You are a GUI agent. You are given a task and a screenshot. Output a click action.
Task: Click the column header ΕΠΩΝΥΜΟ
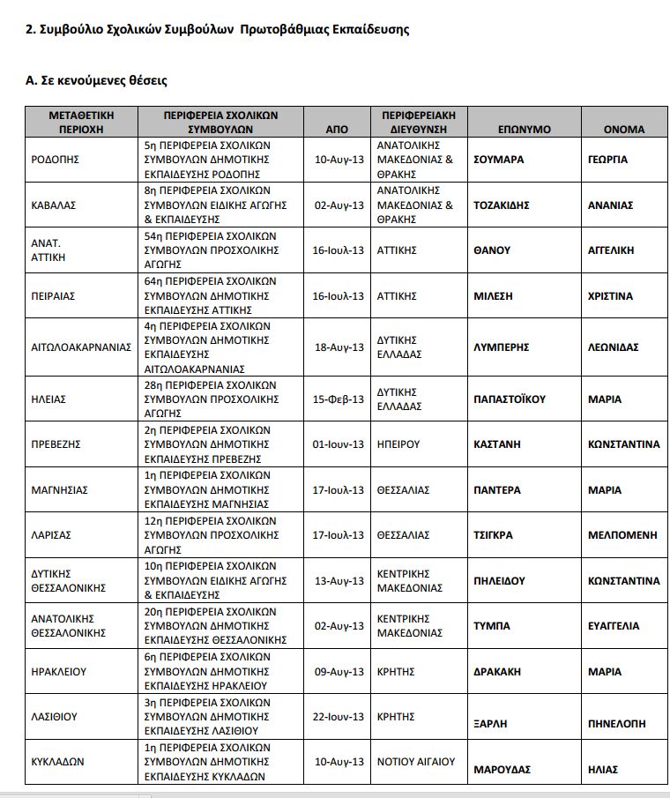pos(524,130)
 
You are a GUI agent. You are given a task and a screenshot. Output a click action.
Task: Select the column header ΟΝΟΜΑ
pos(623,130)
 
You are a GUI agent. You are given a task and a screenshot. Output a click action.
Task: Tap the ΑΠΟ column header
pos(337,130)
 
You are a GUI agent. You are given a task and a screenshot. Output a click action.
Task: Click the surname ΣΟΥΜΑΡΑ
pos(499,160)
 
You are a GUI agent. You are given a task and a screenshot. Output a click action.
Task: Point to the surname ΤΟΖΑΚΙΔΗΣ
pos(502,205)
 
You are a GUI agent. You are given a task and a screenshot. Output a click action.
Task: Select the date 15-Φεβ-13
pos(339,399)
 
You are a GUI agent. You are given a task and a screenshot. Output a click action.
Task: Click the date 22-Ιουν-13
pos(339,716)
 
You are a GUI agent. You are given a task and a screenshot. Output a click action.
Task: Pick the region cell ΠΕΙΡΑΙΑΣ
pos(53,296)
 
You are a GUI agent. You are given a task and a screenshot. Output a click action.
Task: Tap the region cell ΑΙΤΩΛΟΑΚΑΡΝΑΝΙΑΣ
pos(80,347)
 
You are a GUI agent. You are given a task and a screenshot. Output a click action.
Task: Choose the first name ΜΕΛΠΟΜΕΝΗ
pos(622,535)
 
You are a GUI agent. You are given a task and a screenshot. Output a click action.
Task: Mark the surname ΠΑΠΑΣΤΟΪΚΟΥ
pos(510,399)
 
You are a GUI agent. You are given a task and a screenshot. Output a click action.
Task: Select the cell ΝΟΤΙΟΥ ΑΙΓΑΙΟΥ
pos(416,761)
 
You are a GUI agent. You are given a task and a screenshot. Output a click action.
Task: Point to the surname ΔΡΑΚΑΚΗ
pos(497,671)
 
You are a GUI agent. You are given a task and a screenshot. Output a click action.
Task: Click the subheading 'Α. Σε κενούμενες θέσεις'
pos(96,80)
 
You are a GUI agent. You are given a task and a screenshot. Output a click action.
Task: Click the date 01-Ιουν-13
pos(339,444)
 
